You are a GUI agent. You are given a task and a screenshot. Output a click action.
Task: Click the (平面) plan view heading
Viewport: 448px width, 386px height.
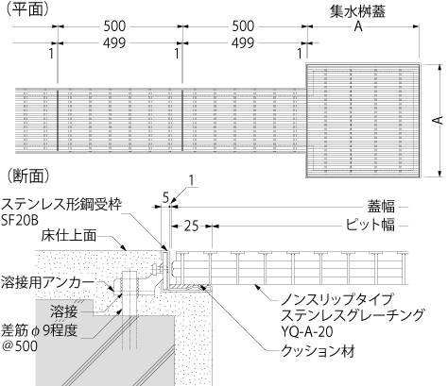tap(27, 8)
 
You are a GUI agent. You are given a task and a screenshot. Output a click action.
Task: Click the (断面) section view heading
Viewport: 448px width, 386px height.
tap(27, 176)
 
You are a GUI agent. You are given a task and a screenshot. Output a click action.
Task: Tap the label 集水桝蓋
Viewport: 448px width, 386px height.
tap(357, 11)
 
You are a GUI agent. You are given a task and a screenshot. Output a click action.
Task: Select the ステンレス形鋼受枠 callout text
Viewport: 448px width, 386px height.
tap(61, 204)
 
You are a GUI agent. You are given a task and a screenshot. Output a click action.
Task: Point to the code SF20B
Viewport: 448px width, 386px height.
tap(20, 221)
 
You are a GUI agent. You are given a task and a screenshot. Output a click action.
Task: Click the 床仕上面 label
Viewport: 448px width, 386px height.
tap(69, 236)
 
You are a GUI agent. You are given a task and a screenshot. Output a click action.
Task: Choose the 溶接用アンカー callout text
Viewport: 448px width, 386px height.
tap(47, 282)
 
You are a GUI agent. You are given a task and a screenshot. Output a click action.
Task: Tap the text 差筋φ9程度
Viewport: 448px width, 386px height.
tap(39, 330)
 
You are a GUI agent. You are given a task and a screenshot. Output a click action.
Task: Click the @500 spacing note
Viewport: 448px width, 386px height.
tap(20, 346)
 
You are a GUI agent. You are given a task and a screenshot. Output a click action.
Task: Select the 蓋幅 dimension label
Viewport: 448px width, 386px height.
tap(381, 207)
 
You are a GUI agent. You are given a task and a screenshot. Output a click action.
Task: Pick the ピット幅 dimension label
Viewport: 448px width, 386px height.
tap(370, 225)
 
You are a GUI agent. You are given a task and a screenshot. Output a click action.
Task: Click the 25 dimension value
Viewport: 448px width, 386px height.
tap(191, 227)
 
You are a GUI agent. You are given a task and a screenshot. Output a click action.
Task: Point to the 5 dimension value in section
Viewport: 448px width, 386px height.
tap(166, 197)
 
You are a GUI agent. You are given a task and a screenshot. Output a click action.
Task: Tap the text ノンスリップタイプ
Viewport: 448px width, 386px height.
tap(337, 299)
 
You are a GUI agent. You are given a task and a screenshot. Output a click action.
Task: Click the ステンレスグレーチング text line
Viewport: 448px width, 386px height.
tap(353, 315)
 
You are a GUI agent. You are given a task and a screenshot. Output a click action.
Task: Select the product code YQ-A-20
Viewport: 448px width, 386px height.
tap(306, 332)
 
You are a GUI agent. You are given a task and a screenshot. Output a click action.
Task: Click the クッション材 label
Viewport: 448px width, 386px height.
tap(318, 351)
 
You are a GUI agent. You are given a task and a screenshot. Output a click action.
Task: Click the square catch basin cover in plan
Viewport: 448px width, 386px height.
tap(364, 121)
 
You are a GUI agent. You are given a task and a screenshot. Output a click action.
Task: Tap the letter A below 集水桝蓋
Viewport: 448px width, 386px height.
tap(358, 26)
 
